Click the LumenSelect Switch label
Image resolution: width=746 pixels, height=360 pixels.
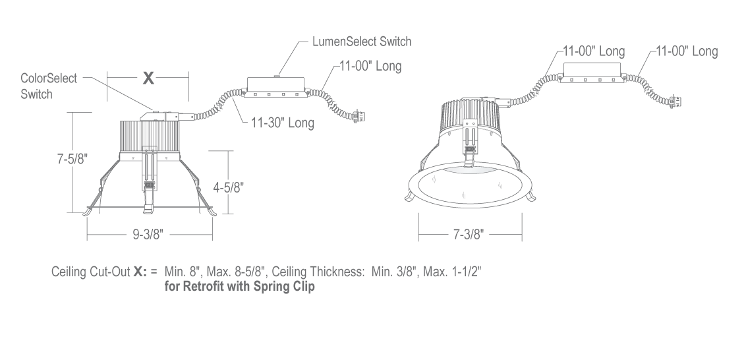point(362,42)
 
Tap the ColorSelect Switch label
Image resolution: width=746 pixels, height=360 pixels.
point(49,86)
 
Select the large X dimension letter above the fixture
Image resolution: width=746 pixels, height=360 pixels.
point(148,78)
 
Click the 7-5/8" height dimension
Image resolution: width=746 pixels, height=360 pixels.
point(72,158)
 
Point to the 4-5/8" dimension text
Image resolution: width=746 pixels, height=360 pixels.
point(229,188)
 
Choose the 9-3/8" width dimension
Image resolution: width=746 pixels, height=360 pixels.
point(148,234)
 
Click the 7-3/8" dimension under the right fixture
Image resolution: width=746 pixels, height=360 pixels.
point(468,234)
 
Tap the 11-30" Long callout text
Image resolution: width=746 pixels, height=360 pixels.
point(283,123)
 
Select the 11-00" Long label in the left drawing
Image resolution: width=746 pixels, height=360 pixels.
point(370,66)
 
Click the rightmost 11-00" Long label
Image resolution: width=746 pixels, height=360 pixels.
point(687,51)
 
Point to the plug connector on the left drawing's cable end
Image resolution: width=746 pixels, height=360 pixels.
point(359,115)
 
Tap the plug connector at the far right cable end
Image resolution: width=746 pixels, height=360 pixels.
point(675,102)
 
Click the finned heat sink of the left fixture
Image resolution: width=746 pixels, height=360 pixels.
point(150,138)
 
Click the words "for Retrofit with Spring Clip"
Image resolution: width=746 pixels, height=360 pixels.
point(239,287)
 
